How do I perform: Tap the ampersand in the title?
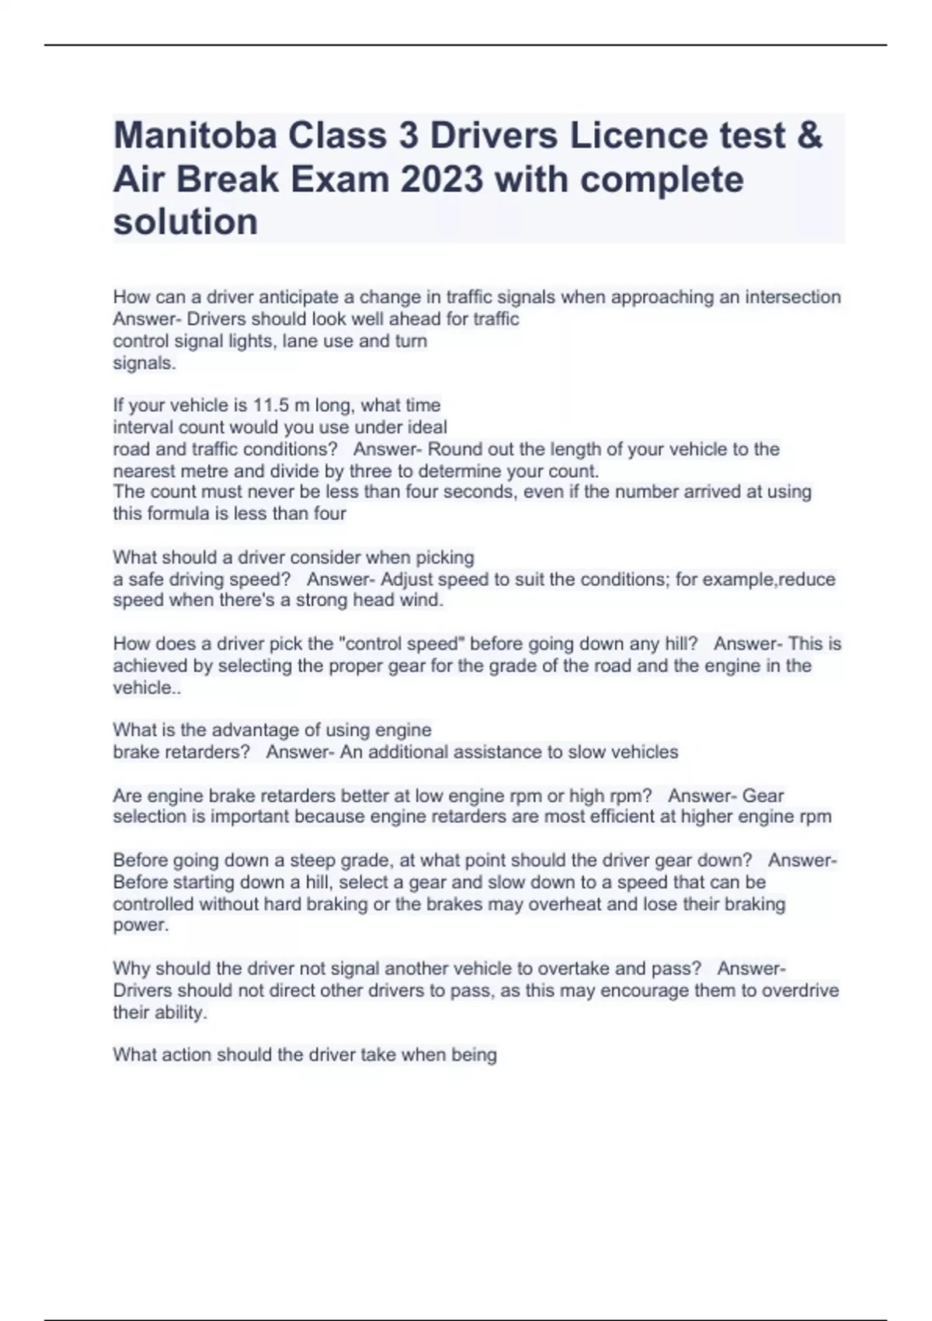pos(809,136)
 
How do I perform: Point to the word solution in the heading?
pos(186,222)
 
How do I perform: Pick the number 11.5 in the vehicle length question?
pos(269,406)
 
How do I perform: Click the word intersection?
pos(793,297)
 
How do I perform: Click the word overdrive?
pos(800,991)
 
